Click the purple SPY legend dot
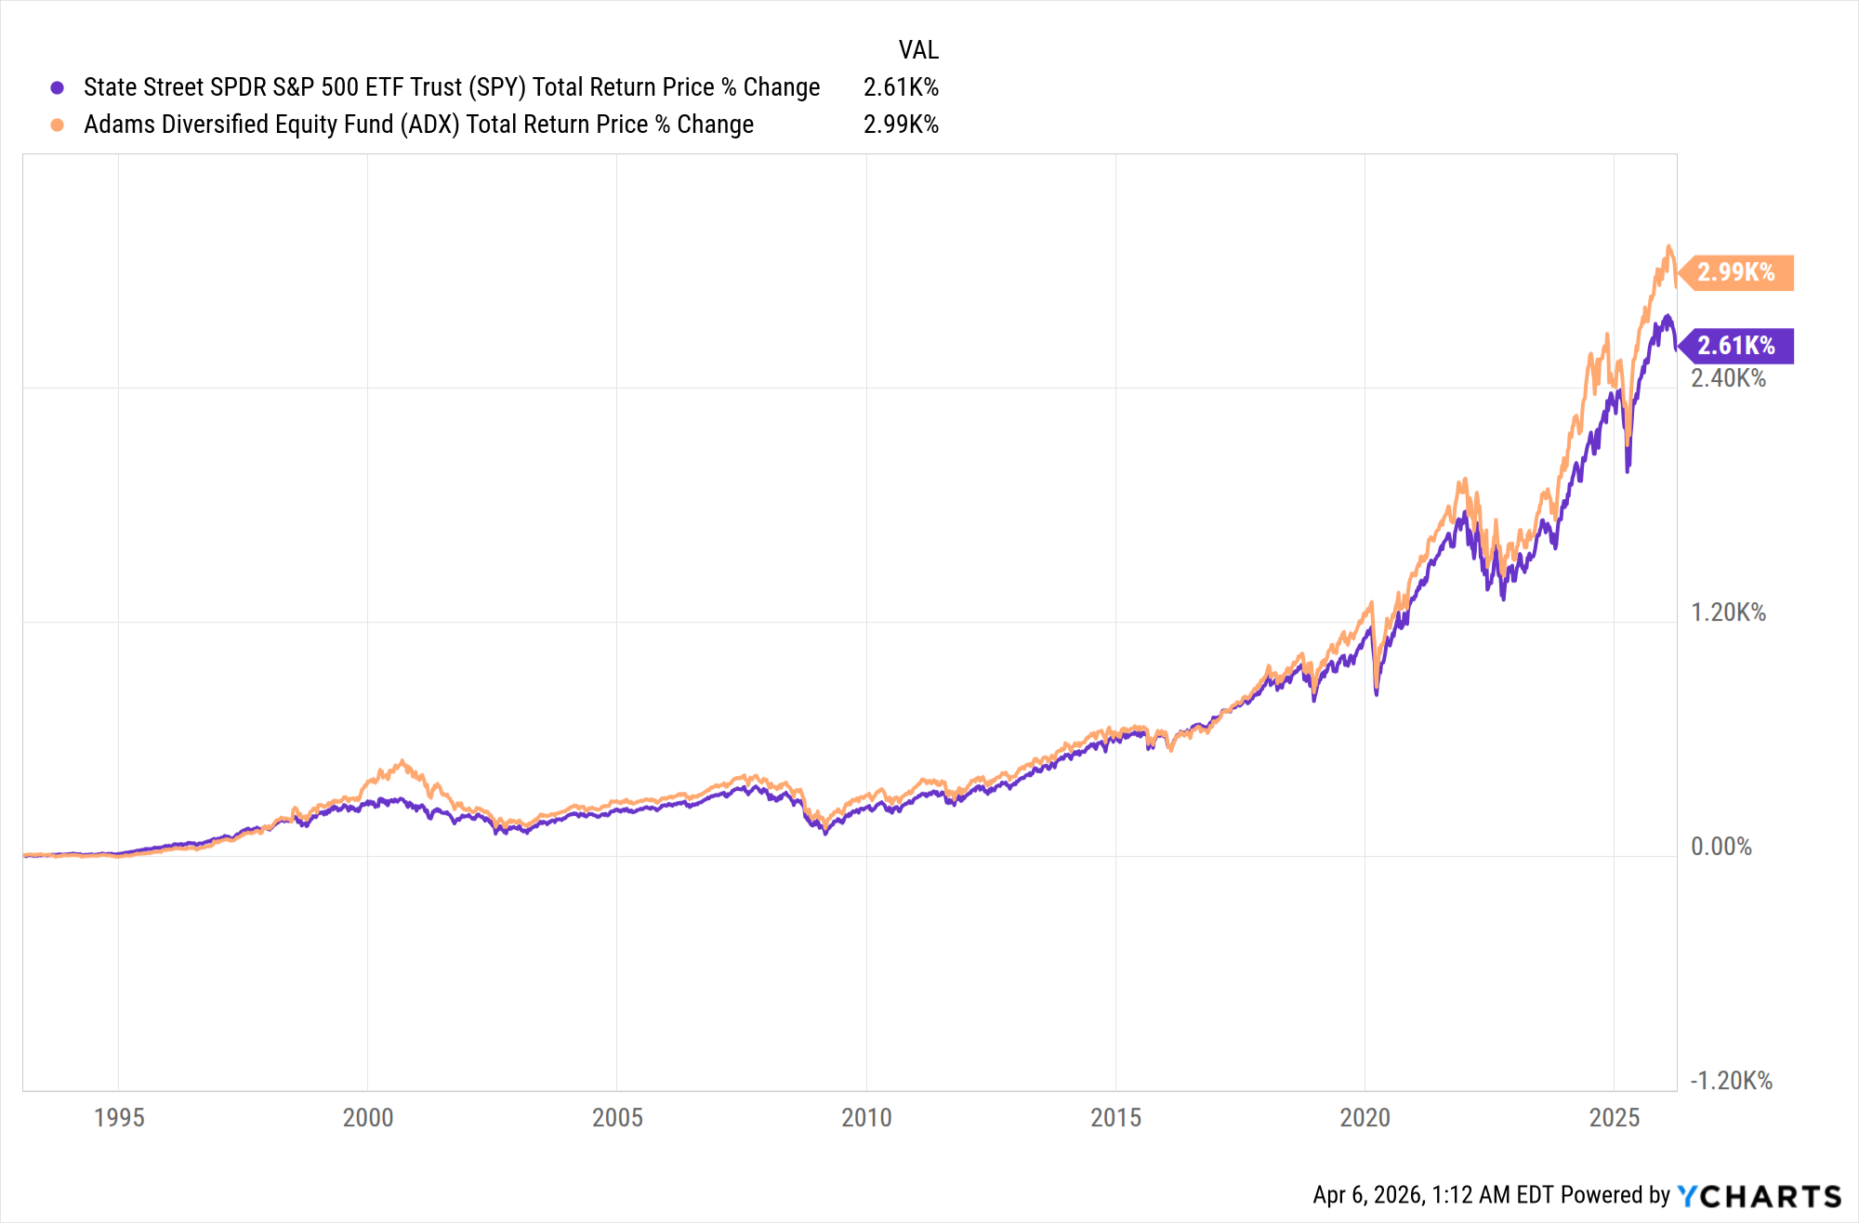coord(58,87)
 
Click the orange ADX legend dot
coord(58,125)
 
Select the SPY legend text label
coord(452,87)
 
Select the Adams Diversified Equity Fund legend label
coord(418,125)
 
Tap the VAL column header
coord(918,49)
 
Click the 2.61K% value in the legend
coord(901,87)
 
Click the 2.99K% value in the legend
coord(901,125)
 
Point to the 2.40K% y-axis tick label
coord(1728,378)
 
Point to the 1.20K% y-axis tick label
coord(1728,612)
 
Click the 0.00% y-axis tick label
coord(1721,847)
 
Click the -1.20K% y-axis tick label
coord(1731,1081)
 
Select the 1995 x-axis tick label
coord(119,1117)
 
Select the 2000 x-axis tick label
coord(368,1117)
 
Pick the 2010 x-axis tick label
coord(866,1117)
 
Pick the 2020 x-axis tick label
coord(1365,1117)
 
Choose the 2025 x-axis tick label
coord(1615,1117)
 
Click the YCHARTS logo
coord(1759,1196)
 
